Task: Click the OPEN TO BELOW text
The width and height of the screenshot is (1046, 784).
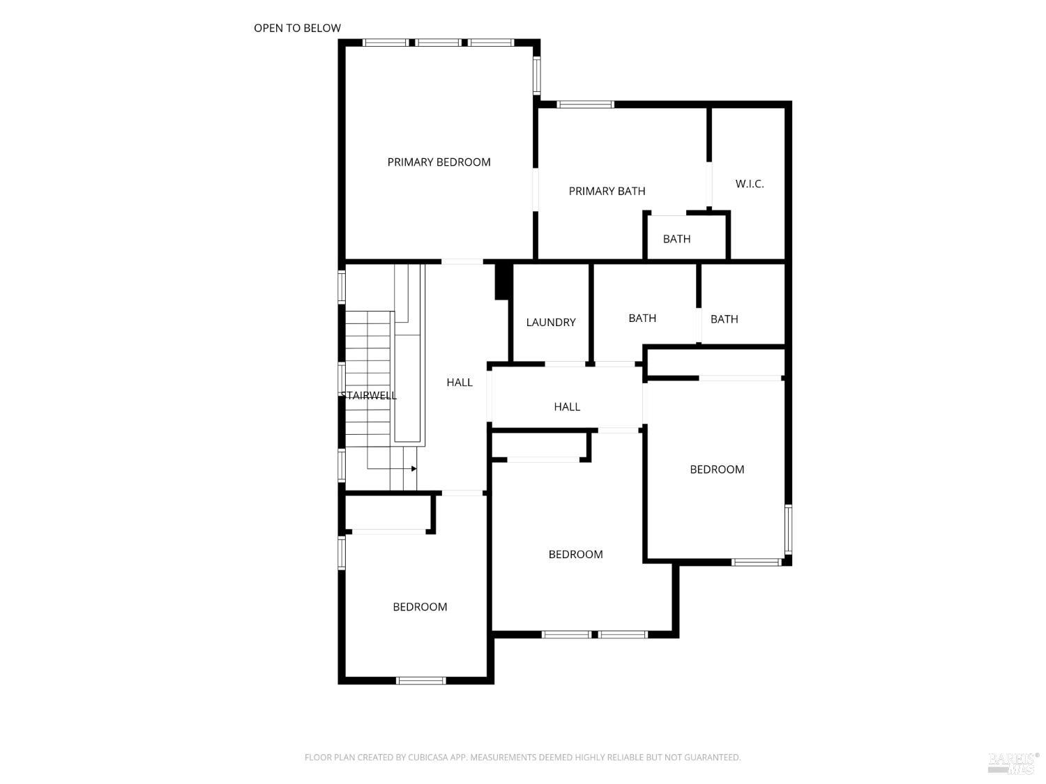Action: pyautogui.click(x=297, y=28)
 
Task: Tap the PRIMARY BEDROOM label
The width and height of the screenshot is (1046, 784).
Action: pyautogui.click(x=439, y=162)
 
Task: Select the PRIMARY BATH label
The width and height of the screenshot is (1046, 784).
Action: pyautogui.click(x=607, y=191)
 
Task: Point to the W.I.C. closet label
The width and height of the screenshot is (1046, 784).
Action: pyautogui.click(x=750, y=184)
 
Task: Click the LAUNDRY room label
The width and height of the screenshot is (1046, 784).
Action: pyautogui.click(x=550, y=322)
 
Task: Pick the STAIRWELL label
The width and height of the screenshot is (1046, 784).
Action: pyautogui.click(x=369, y=396)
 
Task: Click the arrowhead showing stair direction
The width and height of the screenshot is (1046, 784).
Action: pyautogui.click(x=414, y=469)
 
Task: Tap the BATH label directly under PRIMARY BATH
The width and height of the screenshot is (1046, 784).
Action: pyautogui.click(x=676, y=239)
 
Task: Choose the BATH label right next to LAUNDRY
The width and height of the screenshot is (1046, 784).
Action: pyautogui.click(x=642, y=318)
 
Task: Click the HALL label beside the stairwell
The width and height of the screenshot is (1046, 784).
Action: pyautogui.click(x=460, y=383)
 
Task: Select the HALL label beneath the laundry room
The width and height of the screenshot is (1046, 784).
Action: pyautogui.click(x=567, y=407)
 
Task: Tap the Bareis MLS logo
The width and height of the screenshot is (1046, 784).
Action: pyautogui.click(x=1013, y=762)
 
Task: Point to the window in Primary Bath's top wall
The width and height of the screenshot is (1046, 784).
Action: pyautogui.click(x=585, y=105)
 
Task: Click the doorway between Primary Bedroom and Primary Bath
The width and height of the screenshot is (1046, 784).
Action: pyautogui.click(x=536, y=189)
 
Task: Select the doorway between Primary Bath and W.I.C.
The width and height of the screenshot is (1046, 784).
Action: pyautogui.click(x=709, y=184)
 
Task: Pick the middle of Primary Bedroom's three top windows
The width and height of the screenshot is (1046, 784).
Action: pyautogui.click(x=439, y=43)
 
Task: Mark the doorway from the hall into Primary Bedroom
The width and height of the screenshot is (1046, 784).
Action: pyautogui.click(x=462, y=262)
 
